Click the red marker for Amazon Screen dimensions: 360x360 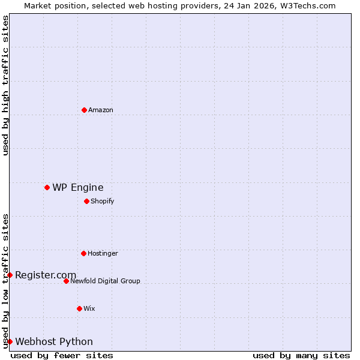point(84,110)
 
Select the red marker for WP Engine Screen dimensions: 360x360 point(47,187)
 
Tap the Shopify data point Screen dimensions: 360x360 point(86,201)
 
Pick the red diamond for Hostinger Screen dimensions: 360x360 point(83,253)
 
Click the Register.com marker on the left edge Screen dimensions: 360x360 point(10,275)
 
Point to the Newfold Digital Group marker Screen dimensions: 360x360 point(66,281)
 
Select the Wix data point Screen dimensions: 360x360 point(79,308)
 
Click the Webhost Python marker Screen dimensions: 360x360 point(10,341)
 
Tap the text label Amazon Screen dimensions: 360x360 point(101,110)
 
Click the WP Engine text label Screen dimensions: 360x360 point(78,187)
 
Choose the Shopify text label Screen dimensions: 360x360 point(103,201)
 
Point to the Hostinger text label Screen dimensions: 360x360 point(103,253)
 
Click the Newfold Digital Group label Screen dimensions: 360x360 point(105,281)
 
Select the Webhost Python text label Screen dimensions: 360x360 point(54,341)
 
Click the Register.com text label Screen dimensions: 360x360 point(46,275)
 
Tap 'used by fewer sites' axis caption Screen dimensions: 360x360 point(62,355)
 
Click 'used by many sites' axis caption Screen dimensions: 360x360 point(301,355)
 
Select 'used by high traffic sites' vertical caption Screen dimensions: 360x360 point(5,85)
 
